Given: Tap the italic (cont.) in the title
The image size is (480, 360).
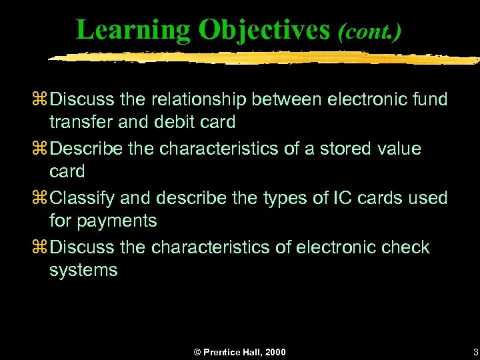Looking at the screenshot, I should click(x=369, y=31).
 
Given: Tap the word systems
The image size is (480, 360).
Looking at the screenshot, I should click(x=83, y=270).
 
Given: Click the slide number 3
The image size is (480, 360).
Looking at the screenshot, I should click(x=474, y=351).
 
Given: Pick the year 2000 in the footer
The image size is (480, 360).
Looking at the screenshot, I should click(x=274, y=352).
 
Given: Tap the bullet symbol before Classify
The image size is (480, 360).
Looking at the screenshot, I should click(x=41, y=198).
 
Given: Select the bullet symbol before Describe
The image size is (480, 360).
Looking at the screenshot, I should click(x=41, y=149).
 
